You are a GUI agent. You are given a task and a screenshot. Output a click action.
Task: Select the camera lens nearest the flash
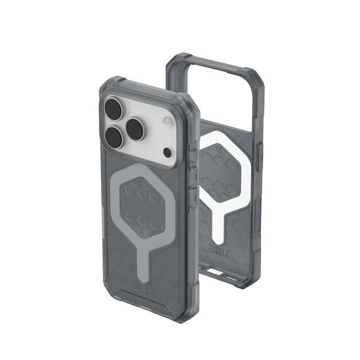click(x=138, y=126)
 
